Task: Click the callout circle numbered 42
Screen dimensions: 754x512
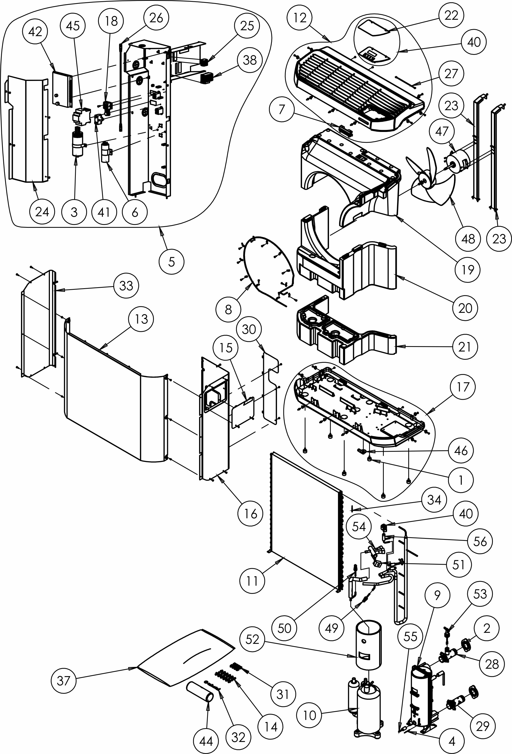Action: coord(35,32)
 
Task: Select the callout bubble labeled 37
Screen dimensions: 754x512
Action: coord(63,680)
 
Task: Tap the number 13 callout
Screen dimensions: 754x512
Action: coord(141,319)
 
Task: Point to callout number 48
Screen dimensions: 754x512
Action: coord(468,239)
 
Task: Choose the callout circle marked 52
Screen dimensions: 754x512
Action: coord(252,639)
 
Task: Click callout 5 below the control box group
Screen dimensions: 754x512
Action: coord(172,262)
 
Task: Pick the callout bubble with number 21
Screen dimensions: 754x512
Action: coord(465,347)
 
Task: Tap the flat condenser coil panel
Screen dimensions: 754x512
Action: coord(305,519)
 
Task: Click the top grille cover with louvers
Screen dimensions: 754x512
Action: coord(357,88)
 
